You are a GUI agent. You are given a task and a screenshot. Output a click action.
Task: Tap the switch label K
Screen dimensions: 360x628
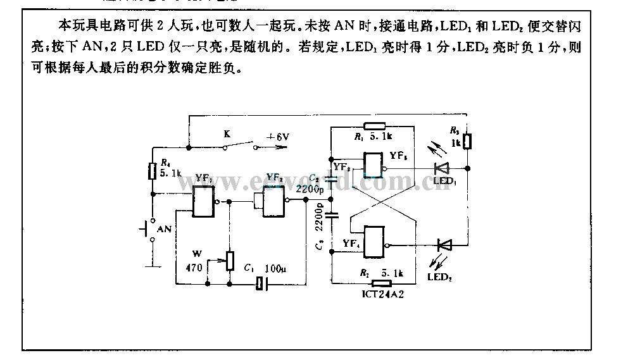pyautogui.click(x=226, y=134)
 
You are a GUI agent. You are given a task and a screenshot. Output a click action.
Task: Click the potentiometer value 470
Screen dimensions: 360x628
pyautogui.click(x=194, y=268)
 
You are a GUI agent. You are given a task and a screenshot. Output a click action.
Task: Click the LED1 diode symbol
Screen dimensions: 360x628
pyautogui.click(x=441, y=168)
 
